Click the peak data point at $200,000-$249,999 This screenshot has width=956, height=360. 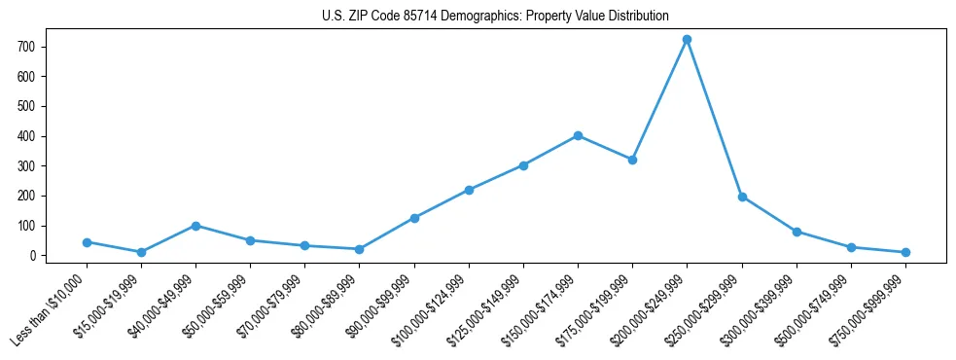click(688, 40)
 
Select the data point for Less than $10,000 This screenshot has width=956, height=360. click(88, 242)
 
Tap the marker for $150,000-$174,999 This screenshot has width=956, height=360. click(579, 136)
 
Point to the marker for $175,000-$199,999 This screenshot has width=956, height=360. click(633, 160)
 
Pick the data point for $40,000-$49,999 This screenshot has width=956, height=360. click(196, 226)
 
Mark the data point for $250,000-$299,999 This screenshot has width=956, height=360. click(742, 197)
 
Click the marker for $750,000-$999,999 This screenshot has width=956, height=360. click(905, 252)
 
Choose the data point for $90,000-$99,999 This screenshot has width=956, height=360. click(414, 218)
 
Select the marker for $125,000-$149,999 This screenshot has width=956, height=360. click(524, 165)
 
